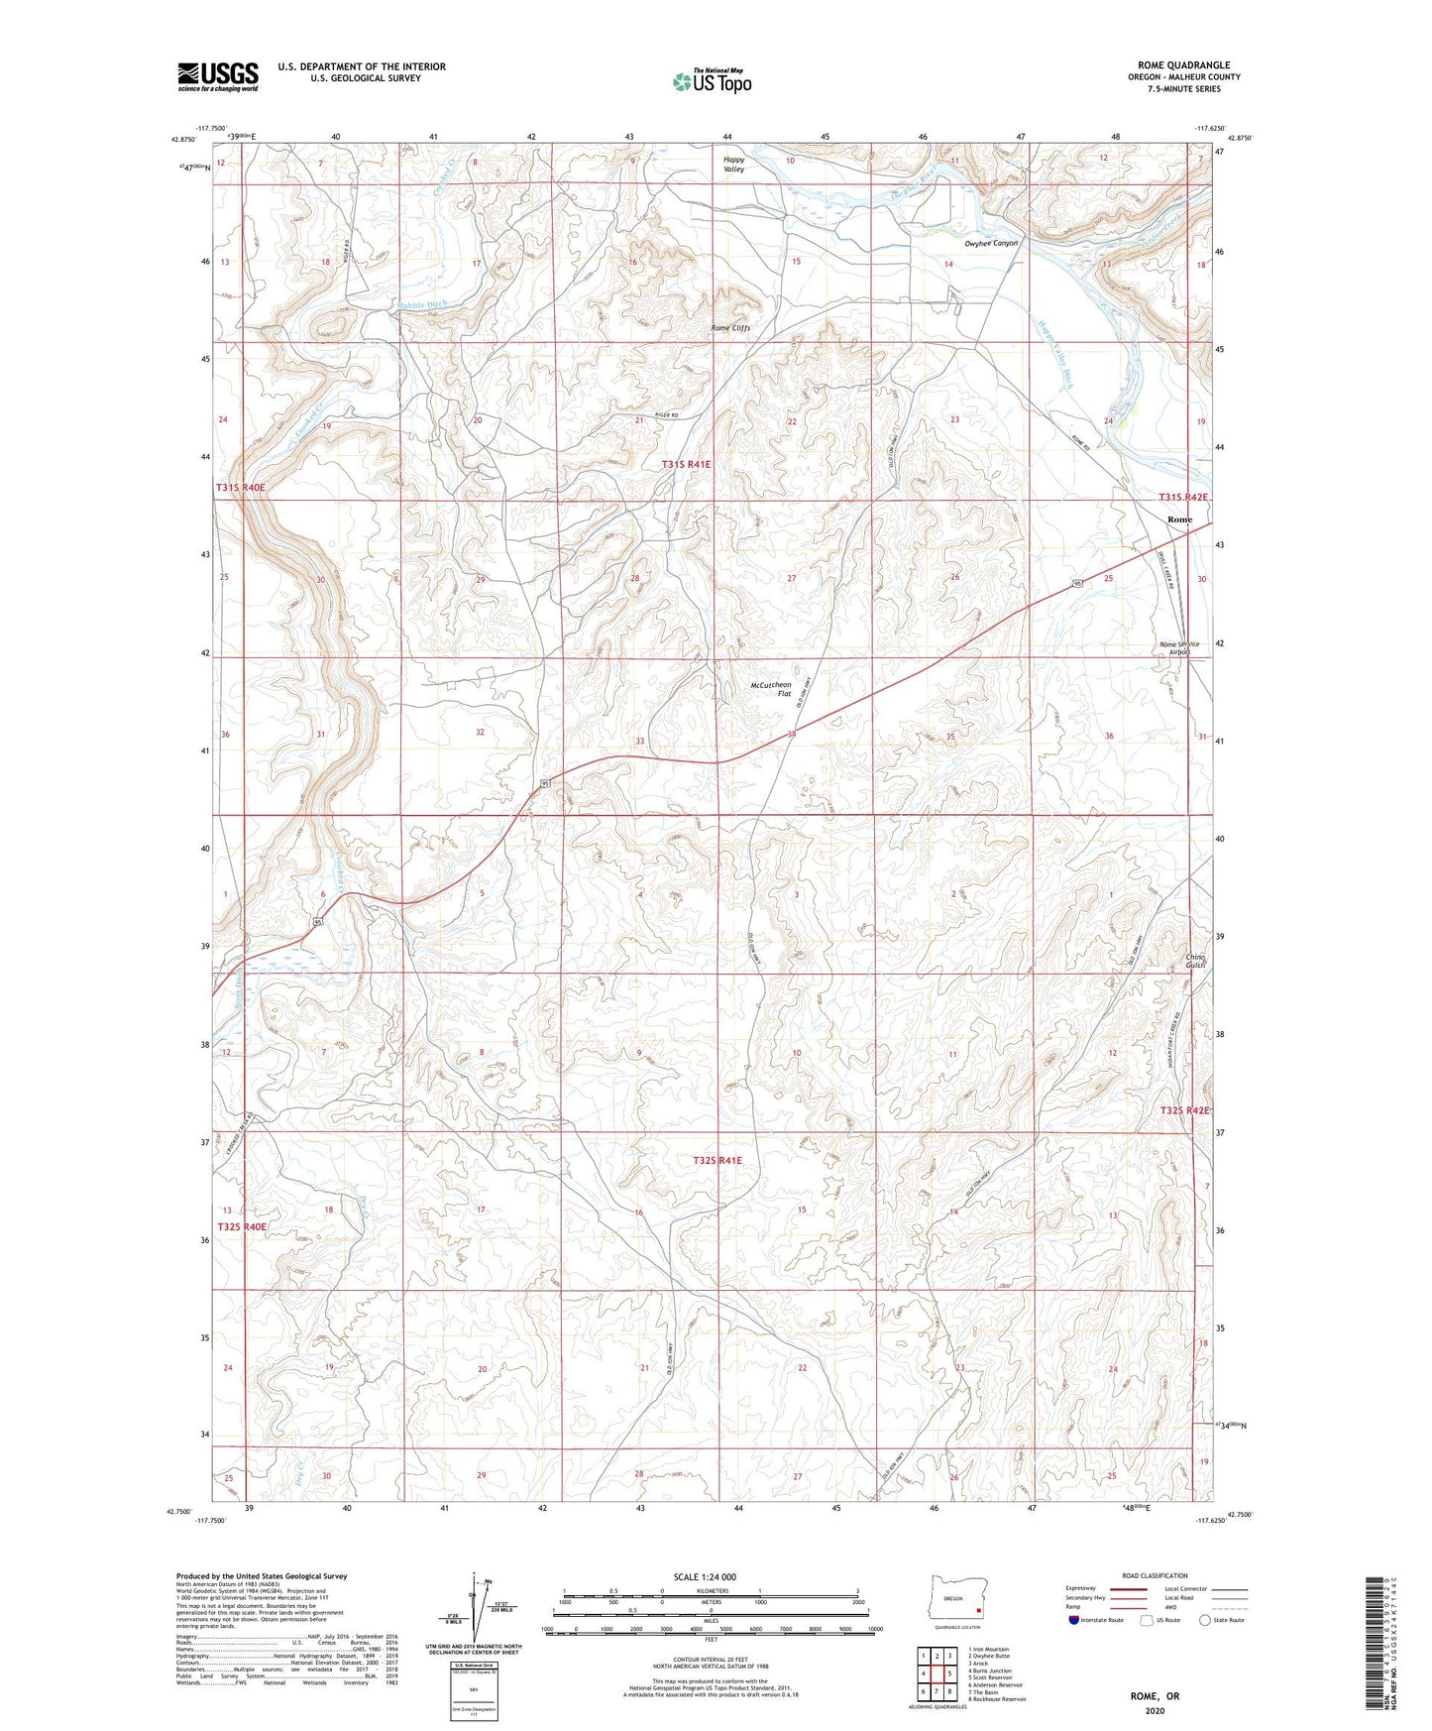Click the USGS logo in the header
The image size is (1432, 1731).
coord(218,76)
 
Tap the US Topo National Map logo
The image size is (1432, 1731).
coord(712,81)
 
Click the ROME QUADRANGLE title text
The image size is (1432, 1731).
coord(1183,65)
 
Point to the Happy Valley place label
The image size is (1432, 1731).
coord(733,165)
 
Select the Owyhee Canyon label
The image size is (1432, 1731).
coord(991,243)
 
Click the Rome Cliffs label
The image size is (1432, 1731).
coord(731,328)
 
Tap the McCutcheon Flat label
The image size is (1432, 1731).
coord(771,689)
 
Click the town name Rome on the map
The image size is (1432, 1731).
coord(1179,519)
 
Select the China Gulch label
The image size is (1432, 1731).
coord(1195,962)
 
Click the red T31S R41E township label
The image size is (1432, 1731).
coord(687,464)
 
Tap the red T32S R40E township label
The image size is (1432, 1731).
coord(242,1226)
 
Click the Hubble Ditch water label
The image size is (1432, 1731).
coord(423,304)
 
